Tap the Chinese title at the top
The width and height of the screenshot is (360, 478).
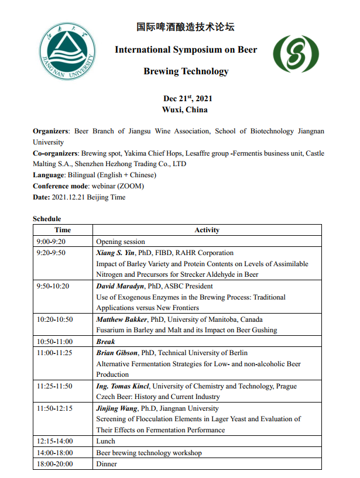pos(186,27)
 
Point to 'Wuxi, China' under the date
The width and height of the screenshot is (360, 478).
pos(184,109)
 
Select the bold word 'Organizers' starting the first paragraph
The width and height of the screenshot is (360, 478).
pos(51,132)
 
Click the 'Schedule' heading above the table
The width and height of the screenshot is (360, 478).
pos(47,219)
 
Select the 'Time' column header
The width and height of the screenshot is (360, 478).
pos(63,230)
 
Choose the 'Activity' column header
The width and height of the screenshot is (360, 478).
pos(207,230)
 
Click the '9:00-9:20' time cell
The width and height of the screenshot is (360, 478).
pos(51,242)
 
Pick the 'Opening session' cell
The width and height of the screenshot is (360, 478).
pos(120,242)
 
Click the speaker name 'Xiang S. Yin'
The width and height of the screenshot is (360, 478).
pos(115,253)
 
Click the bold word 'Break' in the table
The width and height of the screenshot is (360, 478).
pos(106,342)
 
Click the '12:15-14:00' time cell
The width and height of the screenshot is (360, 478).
pos(54,442)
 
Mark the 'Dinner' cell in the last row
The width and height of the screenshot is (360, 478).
pos(107,464)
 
